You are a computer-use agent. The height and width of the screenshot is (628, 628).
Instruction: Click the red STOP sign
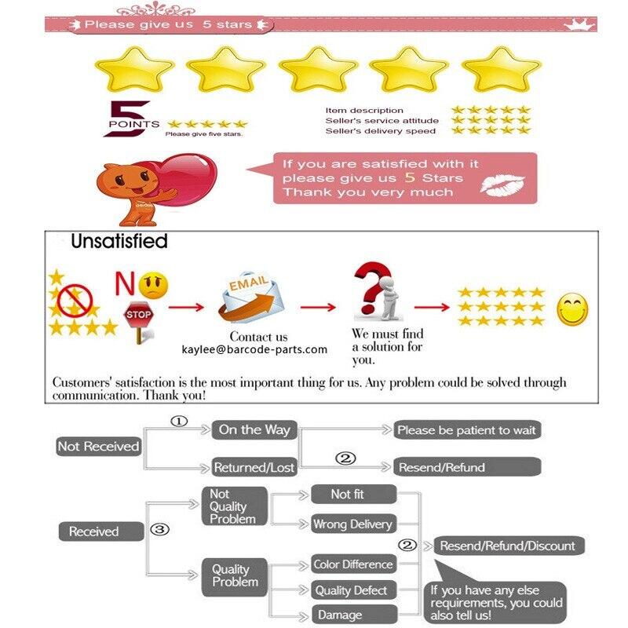(x=139, y=315)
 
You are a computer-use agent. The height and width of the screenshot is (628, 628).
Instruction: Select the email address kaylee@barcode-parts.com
(x=254, y=349)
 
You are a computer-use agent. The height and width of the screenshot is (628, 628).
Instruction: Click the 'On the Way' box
(x=254, y=429)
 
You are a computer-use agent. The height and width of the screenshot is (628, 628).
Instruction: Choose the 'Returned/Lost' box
(x=254, y=467)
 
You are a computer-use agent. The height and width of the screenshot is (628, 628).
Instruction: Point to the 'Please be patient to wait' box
(x=467, y=430)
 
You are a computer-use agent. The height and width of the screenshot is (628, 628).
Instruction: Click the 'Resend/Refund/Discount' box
(x=507, y=546)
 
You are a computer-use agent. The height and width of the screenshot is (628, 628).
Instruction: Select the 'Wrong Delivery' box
(x=352, y=524)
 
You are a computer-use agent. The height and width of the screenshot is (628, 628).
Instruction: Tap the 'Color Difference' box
(x=352, y=564)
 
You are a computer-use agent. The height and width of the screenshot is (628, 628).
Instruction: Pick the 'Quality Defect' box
(x=352, y=590)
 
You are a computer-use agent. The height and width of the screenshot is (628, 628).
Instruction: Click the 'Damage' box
(x=352, y=615)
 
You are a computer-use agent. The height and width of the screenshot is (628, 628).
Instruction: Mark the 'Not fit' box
(x=352, y=494)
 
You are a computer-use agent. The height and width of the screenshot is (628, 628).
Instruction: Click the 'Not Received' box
(x=98, y=446)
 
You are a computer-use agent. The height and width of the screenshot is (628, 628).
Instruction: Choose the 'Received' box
(x=94, y=531)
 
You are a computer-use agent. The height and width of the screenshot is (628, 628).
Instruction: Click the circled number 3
(x=160, y=530)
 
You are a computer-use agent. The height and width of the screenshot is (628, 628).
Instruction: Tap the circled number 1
(x=180, y=421)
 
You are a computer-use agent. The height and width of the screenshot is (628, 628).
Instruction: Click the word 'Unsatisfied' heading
(x=119, y=241)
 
